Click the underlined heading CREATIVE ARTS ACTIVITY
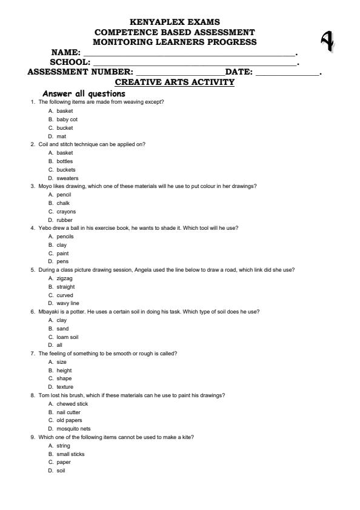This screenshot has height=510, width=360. click(x=175, y=82)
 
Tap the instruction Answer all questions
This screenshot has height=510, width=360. click(x=84, y=93)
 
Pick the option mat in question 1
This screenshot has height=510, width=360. click(x=61, y=136)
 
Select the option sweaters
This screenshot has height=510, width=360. click(x=67, y=179)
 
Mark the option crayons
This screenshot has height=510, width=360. click(x=67, y=212)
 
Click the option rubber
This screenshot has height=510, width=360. click(x=65, y=220)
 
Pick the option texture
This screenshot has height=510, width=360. click(x=65, y=387)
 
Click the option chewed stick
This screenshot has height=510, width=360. click(x=73, y=403)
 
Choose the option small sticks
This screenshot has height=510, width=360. click(x=71, y=454)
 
